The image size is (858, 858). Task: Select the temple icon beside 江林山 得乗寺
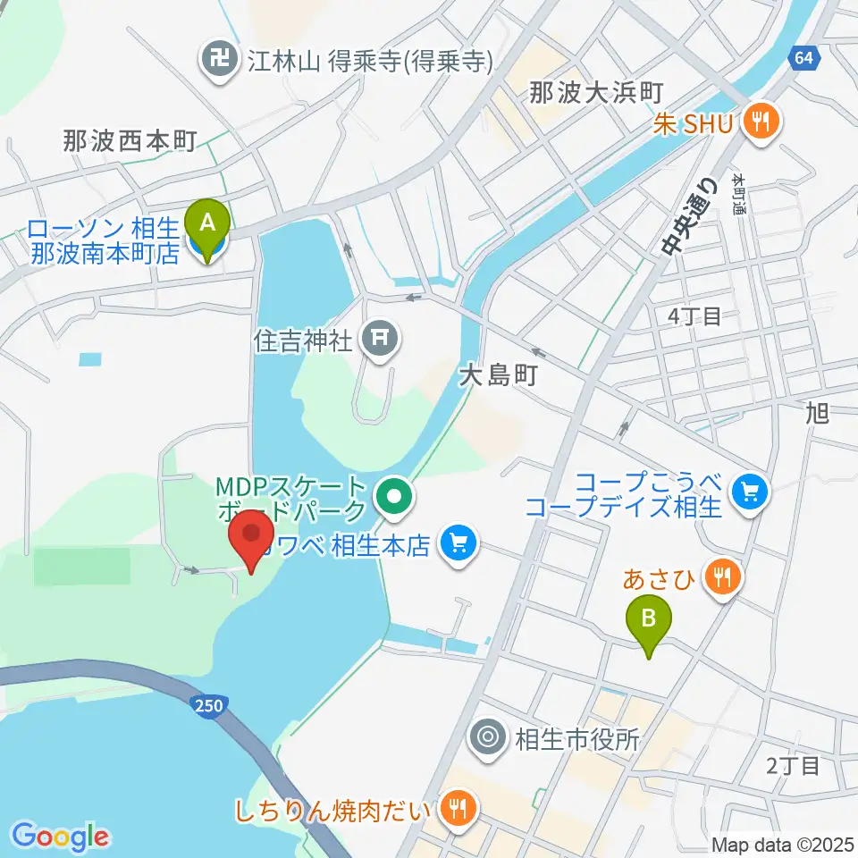pos(218,61)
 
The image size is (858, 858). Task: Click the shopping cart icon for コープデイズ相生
pos(748,491)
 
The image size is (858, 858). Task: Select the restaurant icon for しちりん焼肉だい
pos(458,810)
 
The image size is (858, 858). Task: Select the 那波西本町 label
pos(129,140)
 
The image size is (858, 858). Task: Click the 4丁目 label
pos(694,315)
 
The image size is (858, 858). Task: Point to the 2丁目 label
pos(793,765)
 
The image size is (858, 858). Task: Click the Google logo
pos(61,837)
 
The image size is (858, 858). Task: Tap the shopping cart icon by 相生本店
pos(459,542)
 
